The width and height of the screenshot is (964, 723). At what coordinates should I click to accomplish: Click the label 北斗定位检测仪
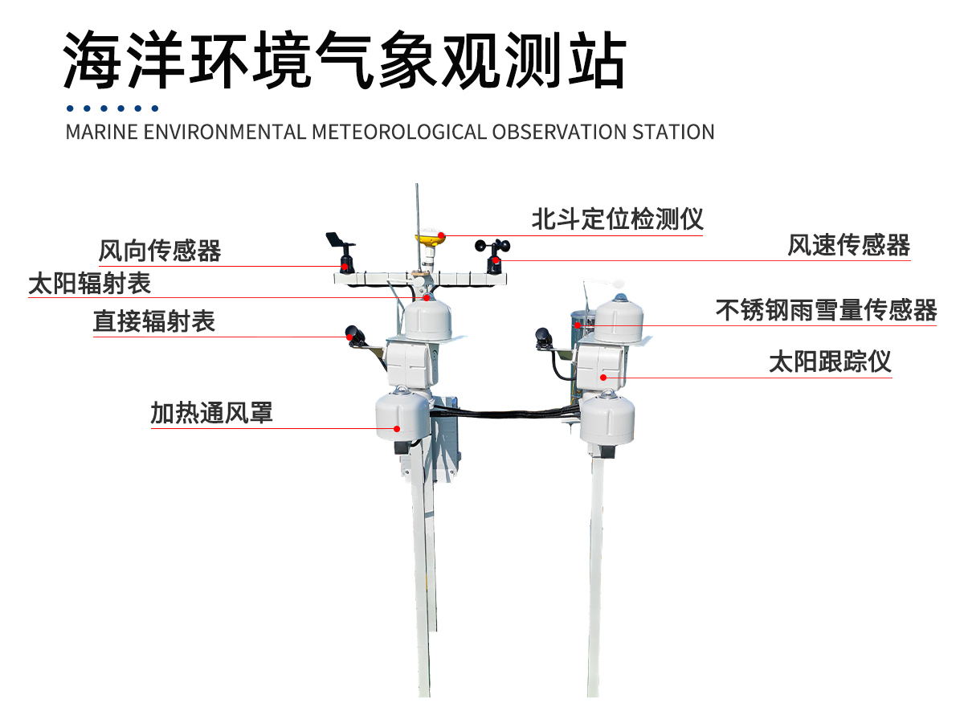pos(617,219)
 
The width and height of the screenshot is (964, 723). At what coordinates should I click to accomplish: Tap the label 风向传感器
pos(160,251)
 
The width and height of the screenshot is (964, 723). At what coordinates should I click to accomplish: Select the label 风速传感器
pos(848,245)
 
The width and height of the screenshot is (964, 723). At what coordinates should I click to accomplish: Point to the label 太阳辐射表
pos(90,283)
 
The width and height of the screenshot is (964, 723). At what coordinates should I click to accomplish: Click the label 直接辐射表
pos(154,321)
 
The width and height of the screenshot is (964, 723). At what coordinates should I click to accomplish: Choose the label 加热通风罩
pos(211,413)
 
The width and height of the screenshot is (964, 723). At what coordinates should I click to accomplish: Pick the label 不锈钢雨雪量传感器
pos(826,310)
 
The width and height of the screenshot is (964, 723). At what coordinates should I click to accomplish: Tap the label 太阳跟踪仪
pos(830,361)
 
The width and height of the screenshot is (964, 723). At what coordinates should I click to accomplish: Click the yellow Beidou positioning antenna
pos(430,238)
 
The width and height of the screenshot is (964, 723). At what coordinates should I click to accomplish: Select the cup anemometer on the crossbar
pos(494,251)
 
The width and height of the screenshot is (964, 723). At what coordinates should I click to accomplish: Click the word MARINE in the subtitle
pos(93,132)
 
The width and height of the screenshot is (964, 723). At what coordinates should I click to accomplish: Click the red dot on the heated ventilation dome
pos(397,429)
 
